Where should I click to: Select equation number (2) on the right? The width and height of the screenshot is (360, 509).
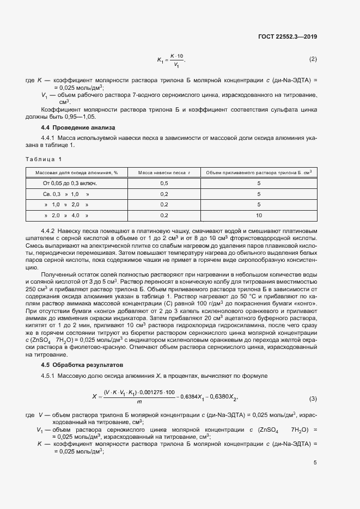click(x=313, y=59)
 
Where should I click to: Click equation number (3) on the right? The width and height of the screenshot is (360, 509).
click(x=313, y=399)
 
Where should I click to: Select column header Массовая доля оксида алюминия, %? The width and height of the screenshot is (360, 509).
click(x=77, y=173)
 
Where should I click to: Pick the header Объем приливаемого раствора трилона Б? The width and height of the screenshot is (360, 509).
click(x=259, y=173)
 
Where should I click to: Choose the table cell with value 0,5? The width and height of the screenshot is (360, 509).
click(x=164, y=183)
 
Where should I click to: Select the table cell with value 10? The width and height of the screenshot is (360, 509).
click(x=259, y=215)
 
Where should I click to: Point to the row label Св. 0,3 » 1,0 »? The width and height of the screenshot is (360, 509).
click(x=66, y=194)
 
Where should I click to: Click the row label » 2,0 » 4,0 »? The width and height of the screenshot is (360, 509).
click(x=66, y=215)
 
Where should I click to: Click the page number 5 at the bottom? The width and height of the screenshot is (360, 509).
click(x=315, y=463)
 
